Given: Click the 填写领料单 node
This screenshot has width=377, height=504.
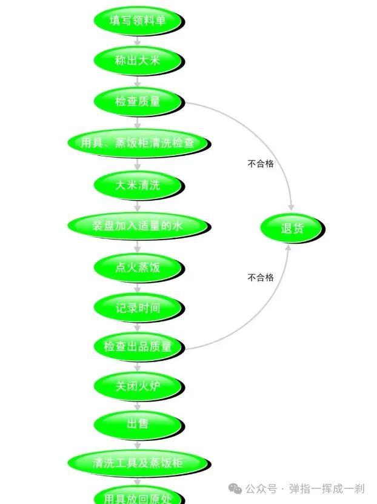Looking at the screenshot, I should (x=138, y=21).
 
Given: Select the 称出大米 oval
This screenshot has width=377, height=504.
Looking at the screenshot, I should (x=138, y=61).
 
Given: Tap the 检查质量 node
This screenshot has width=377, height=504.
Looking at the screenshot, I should (x=138, y=101).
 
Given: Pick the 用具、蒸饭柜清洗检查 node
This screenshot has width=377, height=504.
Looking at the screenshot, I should (x=138, y=143).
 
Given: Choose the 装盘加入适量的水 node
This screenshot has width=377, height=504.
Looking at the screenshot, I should (x=138, y=226).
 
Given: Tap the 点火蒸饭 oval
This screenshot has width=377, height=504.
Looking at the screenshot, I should (x=138, y=267).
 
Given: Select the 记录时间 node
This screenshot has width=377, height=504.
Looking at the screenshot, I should (x=138, y=308).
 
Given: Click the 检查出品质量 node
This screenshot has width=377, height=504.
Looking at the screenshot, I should (x=138, y=347).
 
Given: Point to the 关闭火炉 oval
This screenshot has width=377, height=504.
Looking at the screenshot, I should (x=138, y=386).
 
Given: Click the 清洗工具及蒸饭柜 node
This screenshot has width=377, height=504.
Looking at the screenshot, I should (x=138, y=463).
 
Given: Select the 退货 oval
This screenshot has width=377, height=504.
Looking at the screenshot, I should (x=292, y=229).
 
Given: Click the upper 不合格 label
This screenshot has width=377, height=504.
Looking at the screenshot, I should (x=261, y=164).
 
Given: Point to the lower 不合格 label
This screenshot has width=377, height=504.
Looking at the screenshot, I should (x=261, y=278).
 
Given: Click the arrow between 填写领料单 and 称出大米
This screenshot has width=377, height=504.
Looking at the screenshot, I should (x=138, y=41).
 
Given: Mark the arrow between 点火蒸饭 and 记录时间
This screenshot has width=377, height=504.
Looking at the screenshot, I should (x=138, y=288).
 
